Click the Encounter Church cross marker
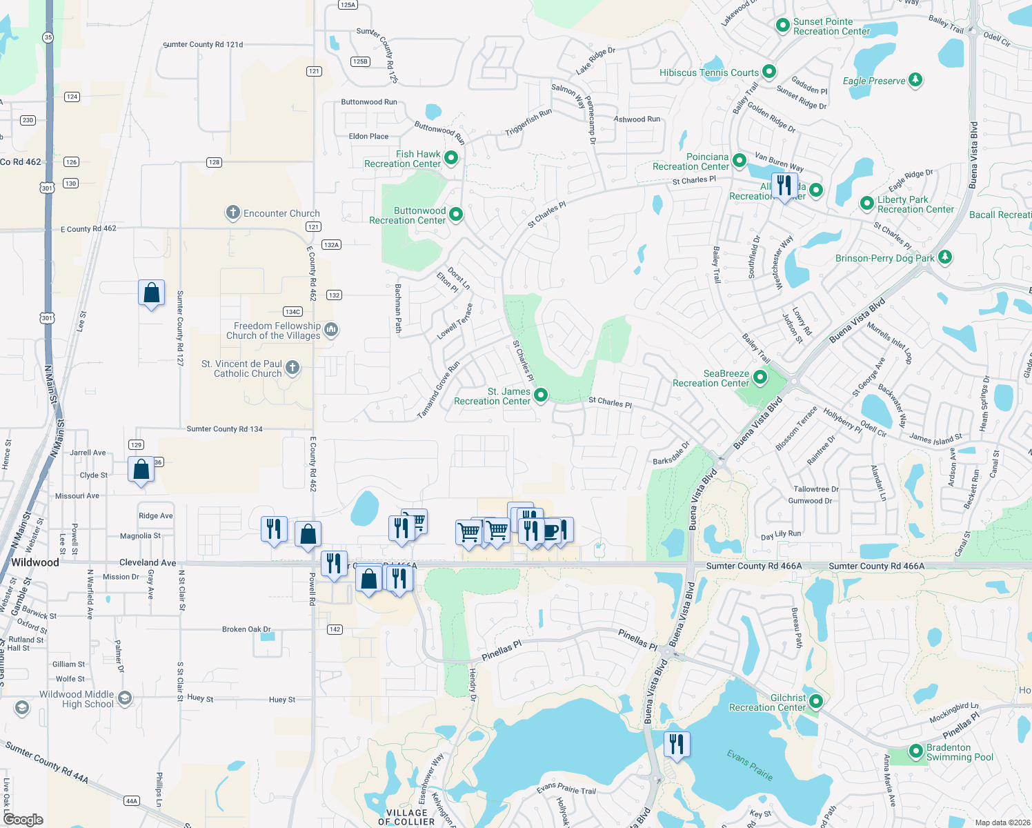[x=233, y=213]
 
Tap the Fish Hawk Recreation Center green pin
[x=451, y=158]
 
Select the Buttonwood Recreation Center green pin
[x=456, y=215]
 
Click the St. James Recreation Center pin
[x=541, y=395]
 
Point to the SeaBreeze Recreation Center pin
[x=760, y=377]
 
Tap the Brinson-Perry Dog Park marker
[x=945, y=257]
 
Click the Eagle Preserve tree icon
[x=915, y=80]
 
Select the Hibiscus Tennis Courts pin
[x=769, y=72]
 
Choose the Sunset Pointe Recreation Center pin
[x=783, y=26]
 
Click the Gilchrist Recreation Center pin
[x=816, y=702]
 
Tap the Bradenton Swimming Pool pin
[x=916, y=751]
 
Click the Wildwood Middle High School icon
[x=124, y=698]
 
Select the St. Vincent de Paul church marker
[x=292, y=368]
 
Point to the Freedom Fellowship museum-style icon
[x=331, y=330]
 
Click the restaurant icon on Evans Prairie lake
[x=676, y=744]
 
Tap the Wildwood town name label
[x=35, y=562]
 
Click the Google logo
[x=23, y=819]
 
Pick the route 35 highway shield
[x=48, y=37]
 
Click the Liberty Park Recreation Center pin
[x=867, y=204]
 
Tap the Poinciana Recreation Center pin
[x=740, y=161]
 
